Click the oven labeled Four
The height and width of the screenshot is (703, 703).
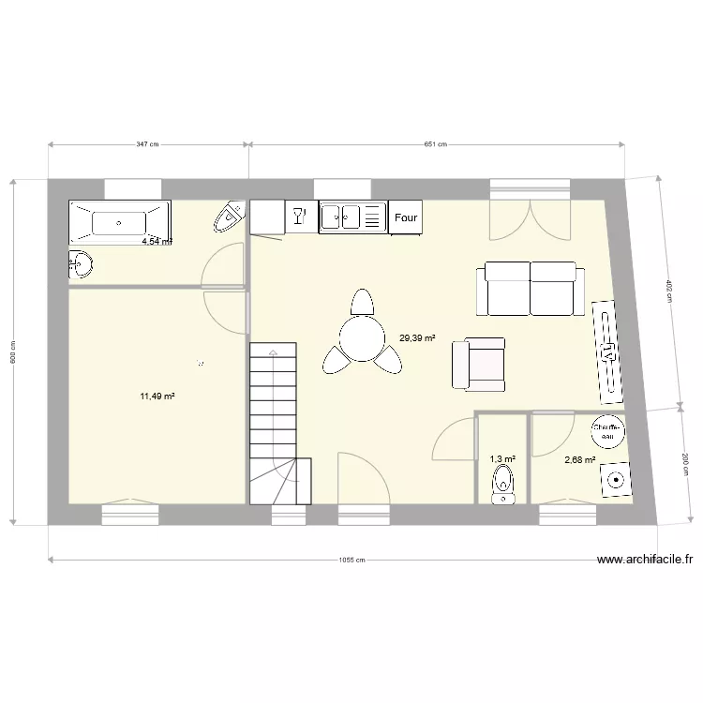(406, 217)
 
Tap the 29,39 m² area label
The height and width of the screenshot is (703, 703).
(417, 338)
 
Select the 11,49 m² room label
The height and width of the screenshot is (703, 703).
(158, 396)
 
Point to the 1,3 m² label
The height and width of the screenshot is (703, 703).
(502, 459)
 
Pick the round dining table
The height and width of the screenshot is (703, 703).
(362, 338)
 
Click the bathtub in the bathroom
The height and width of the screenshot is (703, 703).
(118, 223)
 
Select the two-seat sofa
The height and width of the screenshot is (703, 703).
(531, 289)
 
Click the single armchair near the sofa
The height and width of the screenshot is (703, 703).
(479, 365)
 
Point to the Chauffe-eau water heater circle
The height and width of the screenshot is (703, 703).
(607, 431)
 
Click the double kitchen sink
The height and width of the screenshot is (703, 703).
(341, 217)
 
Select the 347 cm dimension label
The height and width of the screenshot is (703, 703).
(148, 144)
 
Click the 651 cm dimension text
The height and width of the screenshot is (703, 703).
(435, 144)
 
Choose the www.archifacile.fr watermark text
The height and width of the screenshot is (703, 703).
(645, 560)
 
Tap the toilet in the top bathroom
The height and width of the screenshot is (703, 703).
(229, 218)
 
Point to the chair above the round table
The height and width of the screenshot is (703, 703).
(362, 303)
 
